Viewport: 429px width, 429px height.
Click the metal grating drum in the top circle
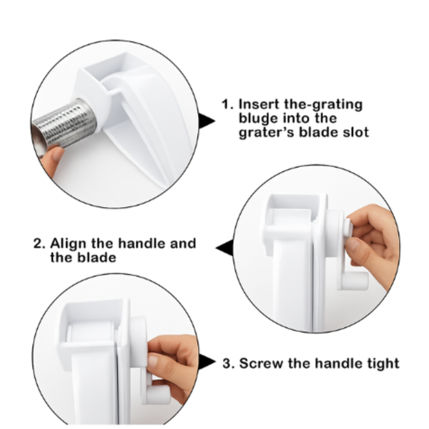tap(67, 124)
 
